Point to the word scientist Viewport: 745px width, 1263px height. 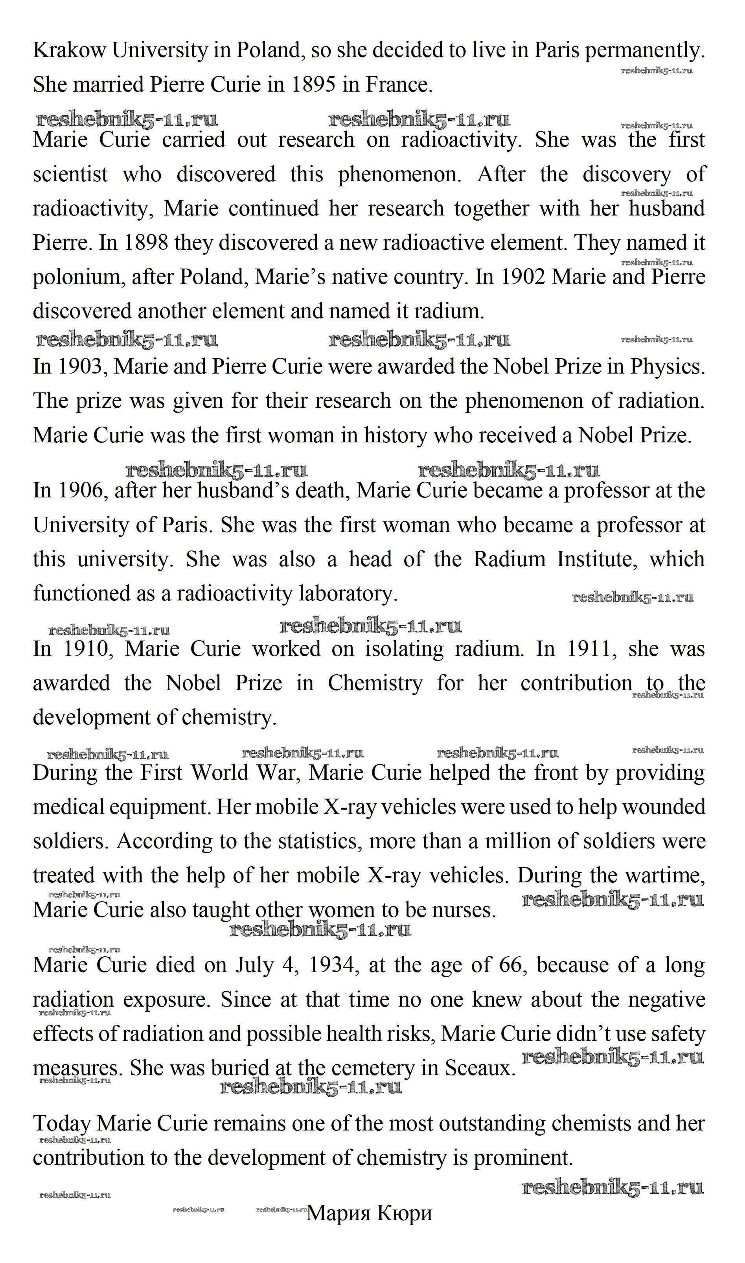(70, 174)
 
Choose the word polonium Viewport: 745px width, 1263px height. (79, 278)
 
